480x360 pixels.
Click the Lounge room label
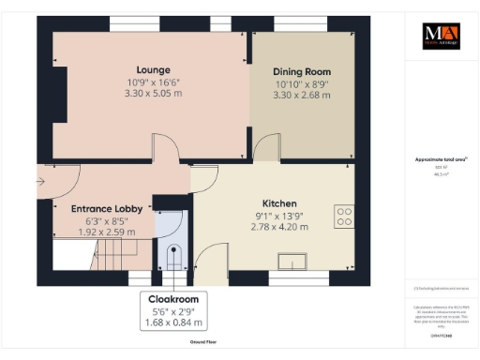[153, 69]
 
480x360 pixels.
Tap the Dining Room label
[301, 71]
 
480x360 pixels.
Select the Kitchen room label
[279, 203]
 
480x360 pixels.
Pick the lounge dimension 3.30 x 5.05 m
[153, 94]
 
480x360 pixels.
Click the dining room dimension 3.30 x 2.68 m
[301, 95]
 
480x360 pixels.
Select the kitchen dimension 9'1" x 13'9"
[279, 216]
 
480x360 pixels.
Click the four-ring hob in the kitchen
[344, 217]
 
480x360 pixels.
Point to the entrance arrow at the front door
[44, 182]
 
